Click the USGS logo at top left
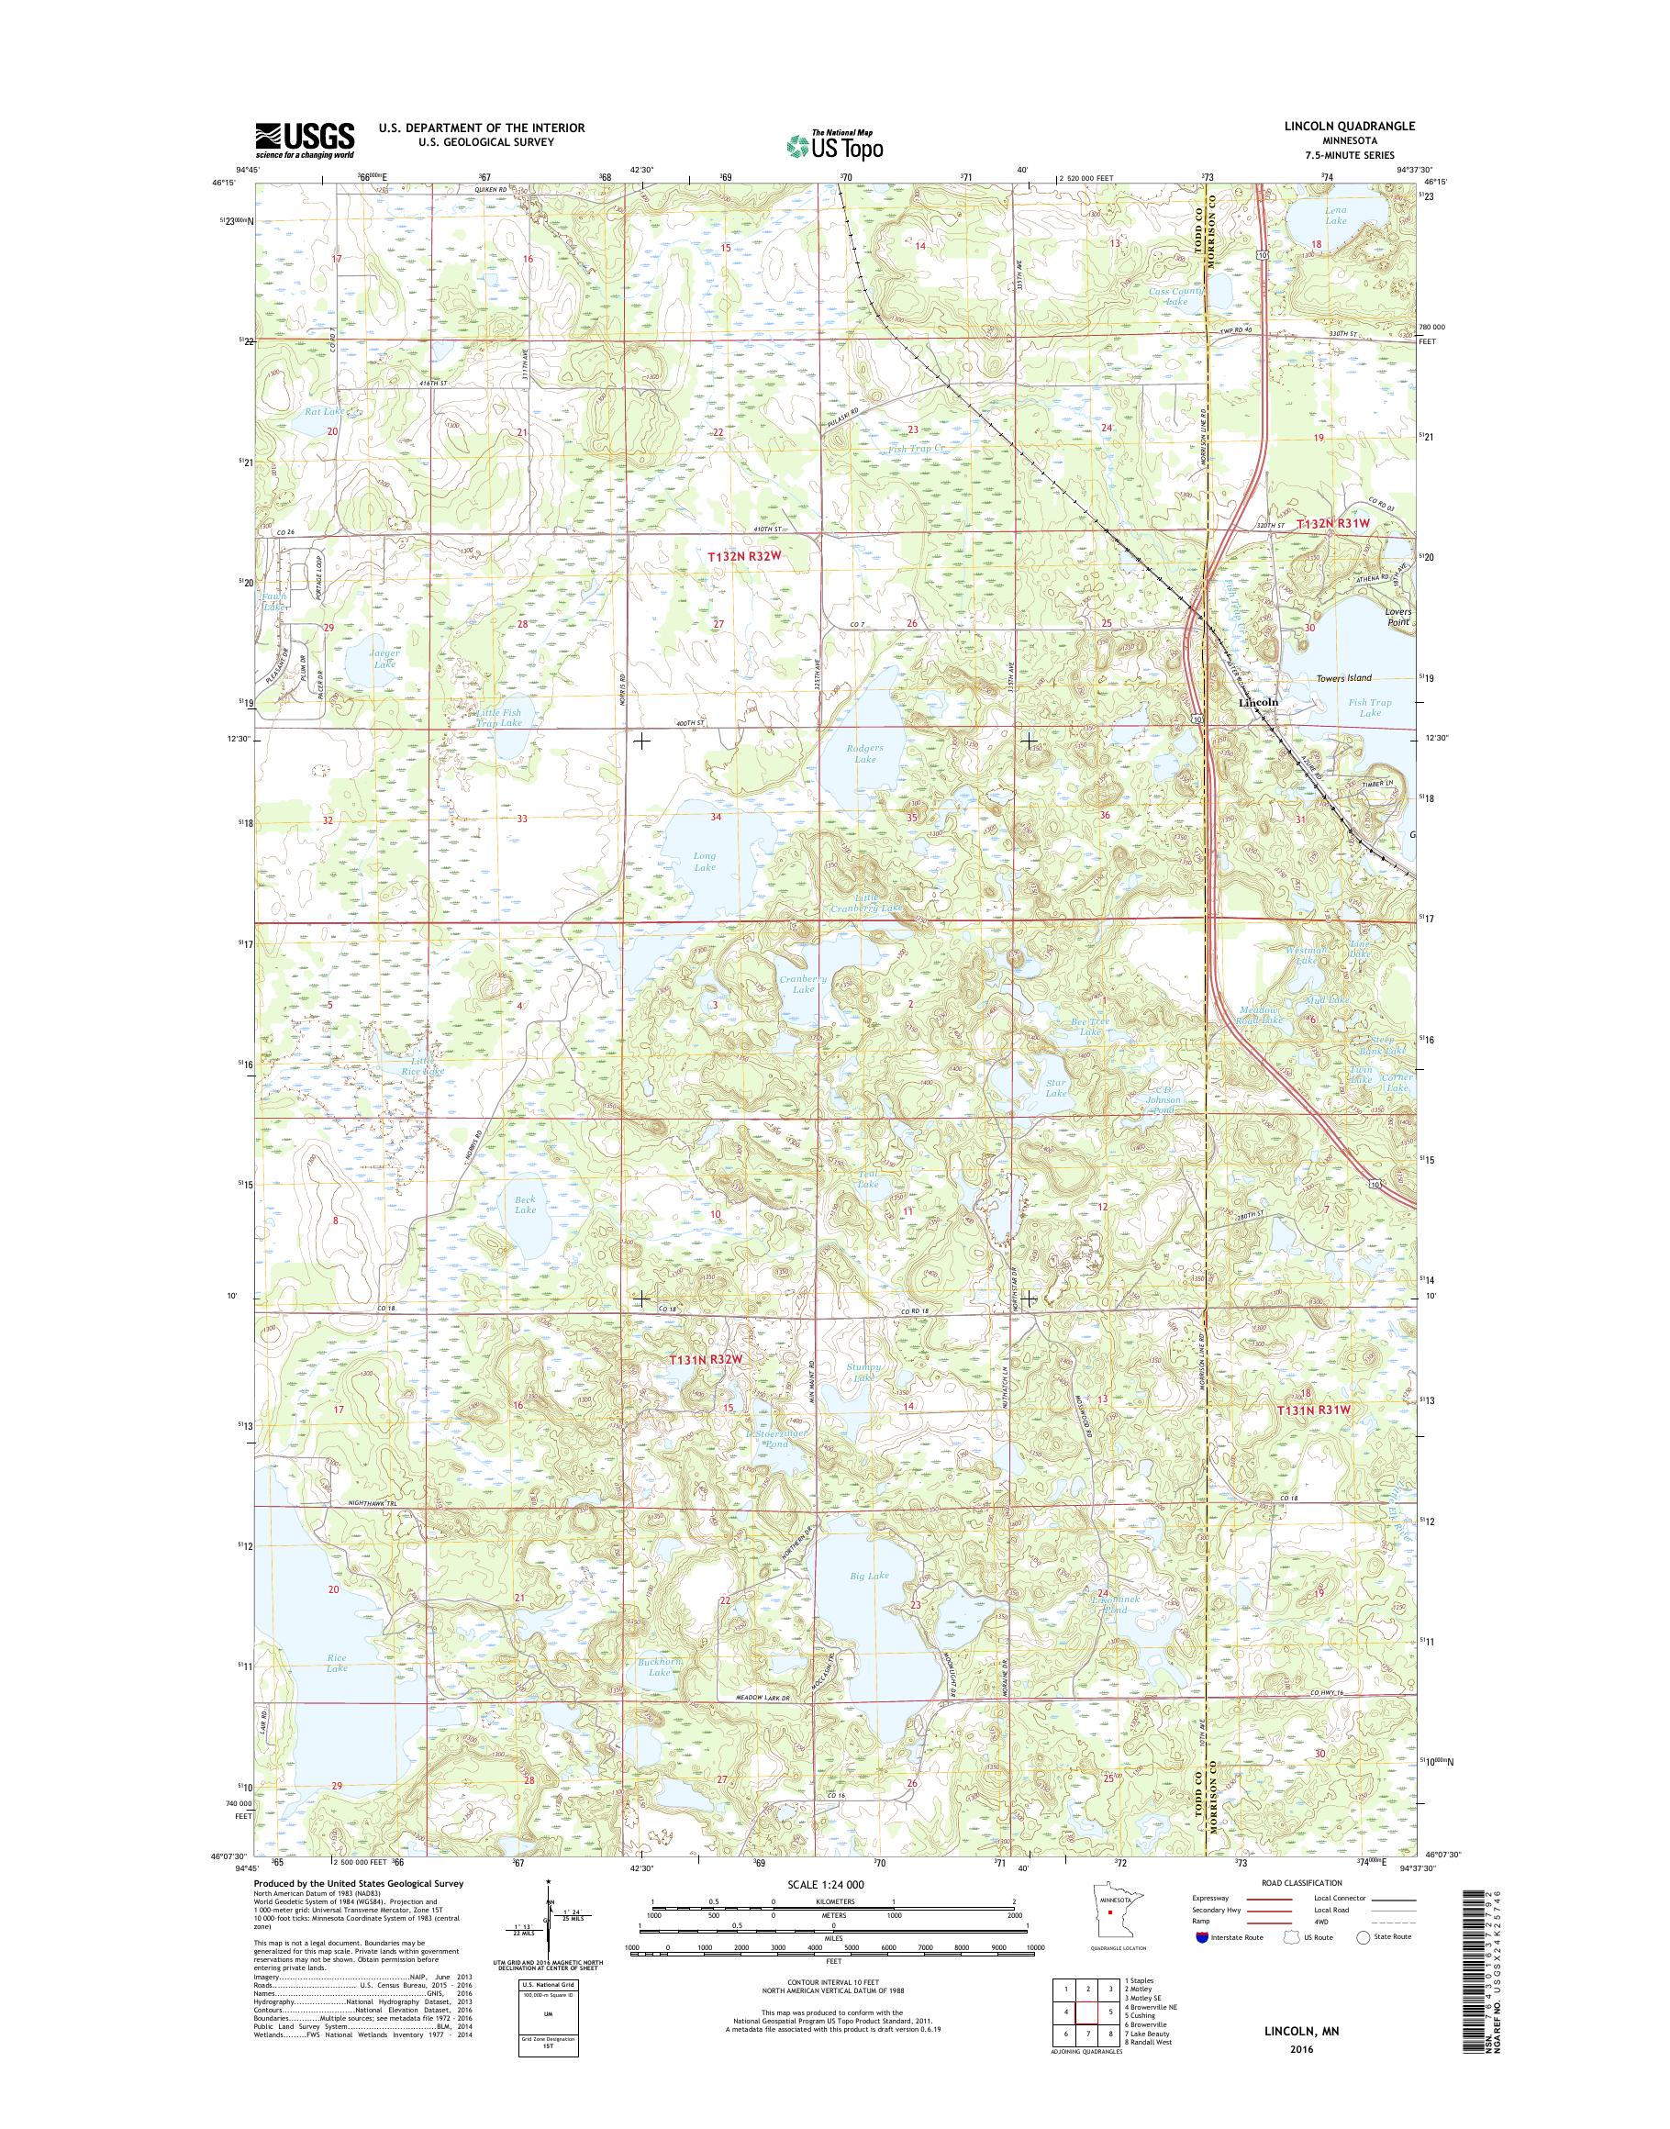point(305,139)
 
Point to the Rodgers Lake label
point(864,753)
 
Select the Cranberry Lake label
point(803,984)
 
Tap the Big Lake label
point(869,1576)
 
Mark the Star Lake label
point(1056,1088)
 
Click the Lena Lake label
point(1336,215)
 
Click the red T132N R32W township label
point(747,555)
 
